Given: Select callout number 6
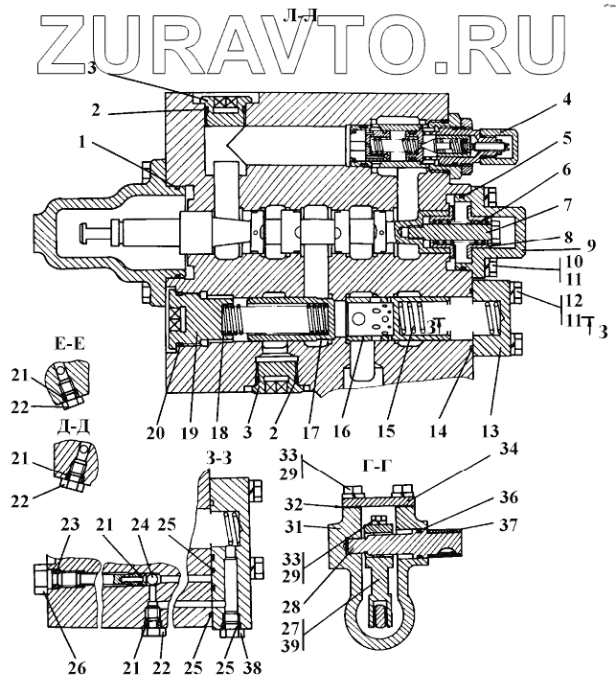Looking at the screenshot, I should tap(568, 169).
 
